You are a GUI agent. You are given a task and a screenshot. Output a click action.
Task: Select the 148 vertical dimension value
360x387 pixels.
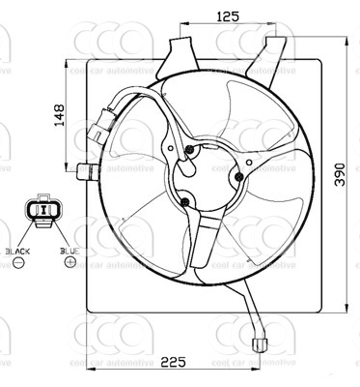click(60, 117)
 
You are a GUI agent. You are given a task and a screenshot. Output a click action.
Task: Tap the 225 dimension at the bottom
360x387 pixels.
click(173, 363)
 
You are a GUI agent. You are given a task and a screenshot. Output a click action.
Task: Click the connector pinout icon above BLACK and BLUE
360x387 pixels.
click(42, 212)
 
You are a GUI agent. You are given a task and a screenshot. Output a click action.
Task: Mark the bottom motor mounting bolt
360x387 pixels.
click(183, 201)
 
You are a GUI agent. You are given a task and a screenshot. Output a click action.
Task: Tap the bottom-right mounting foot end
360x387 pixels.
click(259, 342)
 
